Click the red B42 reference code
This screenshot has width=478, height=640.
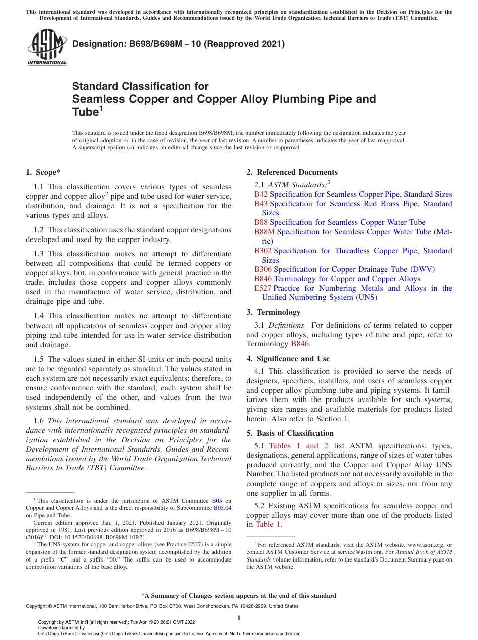261,194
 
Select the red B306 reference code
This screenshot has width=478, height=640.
263,269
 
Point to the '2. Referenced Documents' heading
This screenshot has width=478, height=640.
292,172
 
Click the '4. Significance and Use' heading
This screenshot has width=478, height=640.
288,359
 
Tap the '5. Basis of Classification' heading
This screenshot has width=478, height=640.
290,433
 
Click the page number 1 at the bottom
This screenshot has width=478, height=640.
239,618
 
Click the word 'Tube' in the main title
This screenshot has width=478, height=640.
85,112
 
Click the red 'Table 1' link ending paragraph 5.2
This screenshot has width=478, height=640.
268,524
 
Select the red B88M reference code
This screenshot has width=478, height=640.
264,232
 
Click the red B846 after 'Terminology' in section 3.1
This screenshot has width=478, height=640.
300,344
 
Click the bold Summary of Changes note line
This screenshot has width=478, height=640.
239,596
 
